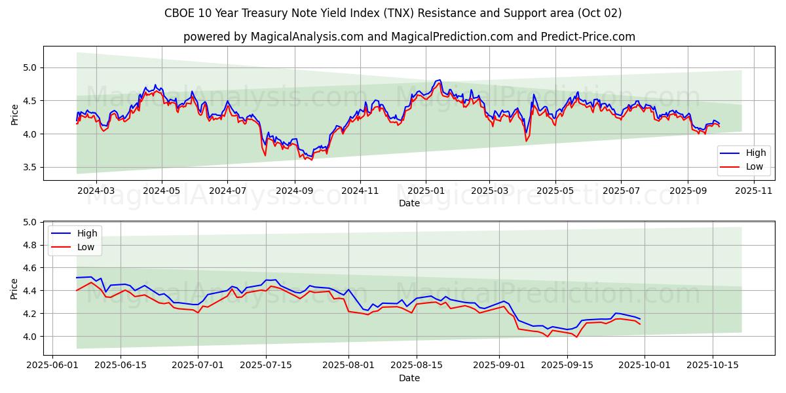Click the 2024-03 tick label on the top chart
point(96,190)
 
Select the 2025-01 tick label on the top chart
point(426,190)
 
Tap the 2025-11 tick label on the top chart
point(754,190)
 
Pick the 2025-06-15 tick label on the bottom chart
point(122,365)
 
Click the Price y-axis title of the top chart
point(15,115)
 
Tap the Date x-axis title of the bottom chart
point(409,378)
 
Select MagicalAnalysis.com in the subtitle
point(307,37)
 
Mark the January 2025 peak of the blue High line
point(440,80)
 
